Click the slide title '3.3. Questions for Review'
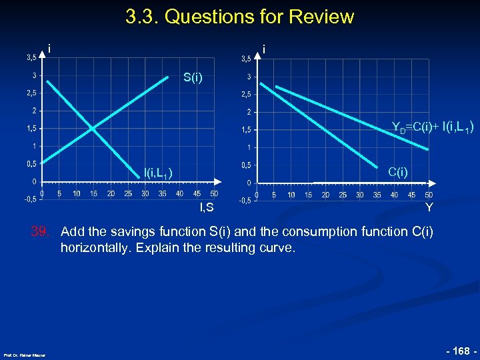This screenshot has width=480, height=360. pyautogui.click(x=239, y=17)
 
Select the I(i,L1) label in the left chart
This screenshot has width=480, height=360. pyautogui.click(x=159, y=173)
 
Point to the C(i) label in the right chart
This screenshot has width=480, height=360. pyautogui.click(x=397, y=172)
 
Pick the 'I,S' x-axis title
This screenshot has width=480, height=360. pyautogui.click(x=207, y=208)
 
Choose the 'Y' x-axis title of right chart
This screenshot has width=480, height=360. pyautogui.click(x=429, y=208)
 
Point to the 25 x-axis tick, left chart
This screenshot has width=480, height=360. pyautogui.click(x=128, y=194)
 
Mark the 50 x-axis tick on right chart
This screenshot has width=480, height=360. pyautogui.click(x=429, y=195)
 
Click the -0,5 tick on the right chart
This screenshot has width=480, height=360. pyautogui.click(x=245, y=200)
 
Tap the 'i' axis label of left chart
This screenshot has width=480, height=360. pyautogui.click(x=50, y=48)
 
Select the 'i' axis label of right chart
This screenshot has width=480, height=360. pyautogui.click(x=265, y=49)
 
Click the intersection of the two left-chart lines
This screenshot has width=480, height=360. pyautogui.click(x=93, y=127)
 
